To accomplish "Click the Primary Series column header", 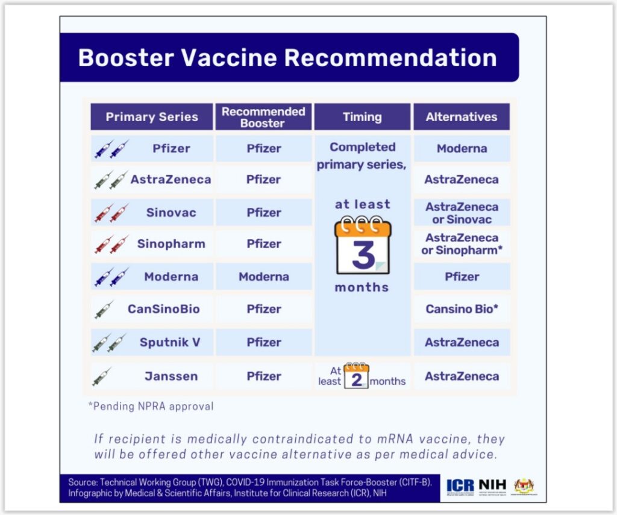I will [152, 117].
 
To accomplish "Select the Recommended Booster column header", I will [263, 117].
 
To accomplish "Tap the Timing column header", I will [362, 117].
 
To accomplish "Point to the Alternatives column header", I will [462, 117].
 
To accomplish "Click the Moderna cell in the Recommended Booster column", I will [264, 277].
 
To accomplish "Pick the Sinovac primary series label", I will [171, 213].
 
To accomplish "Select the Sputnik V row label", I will [170, 342].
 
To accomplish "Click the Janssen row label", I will [171, 376].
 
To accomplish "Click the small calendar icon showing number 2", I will [356, 376].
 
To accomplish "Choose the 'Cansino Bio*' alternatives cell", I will [462, 309].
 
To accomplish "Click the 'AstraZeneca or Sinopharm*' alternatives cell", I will [462, 244].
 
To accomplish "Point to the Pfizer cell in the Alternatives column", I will [462, 277].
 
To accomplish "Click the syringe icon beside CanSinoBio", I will [104, 310].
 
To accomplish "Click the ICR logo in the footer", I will [460, 485].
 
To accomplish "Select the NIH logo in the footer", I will [492, 485].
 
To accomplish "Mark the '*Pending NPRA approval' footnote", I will [151, 406].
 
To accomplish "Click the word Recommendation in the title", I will [390, 58].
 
